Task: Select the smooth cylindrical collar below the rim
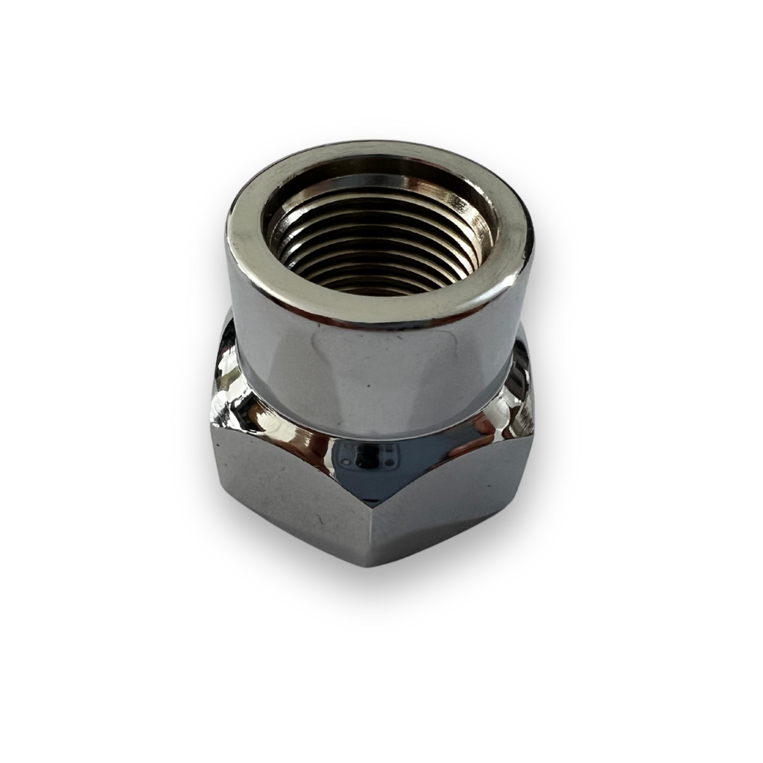[373, 373]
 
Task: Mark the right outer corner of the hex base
[534, 432]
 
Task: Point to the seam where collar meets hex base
[373, 436]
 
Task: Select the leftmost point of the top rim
[225, 238]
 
